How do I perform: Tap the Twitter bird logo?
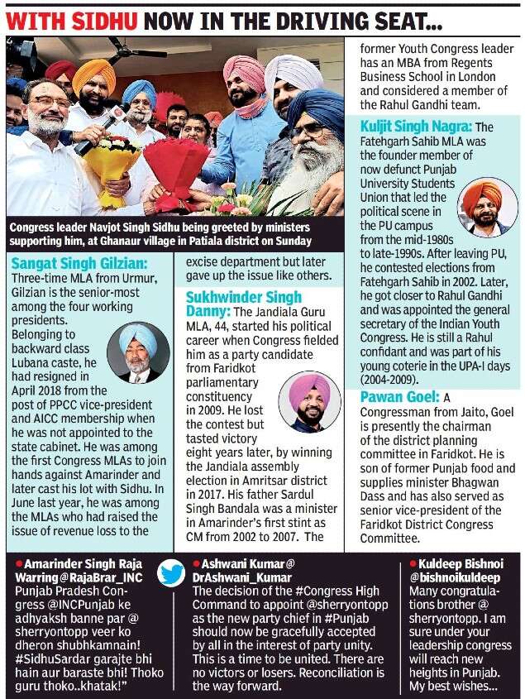tap(171, 572)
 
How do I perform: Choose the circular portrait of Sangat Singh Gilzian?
tap(139, 352)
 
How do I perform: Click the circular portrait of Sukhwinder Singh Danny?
tap(309, 403)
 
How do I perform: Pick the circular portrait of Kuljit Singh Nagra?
tap(488, 208)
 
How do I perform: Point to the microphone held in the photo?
tap(98, 132)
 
